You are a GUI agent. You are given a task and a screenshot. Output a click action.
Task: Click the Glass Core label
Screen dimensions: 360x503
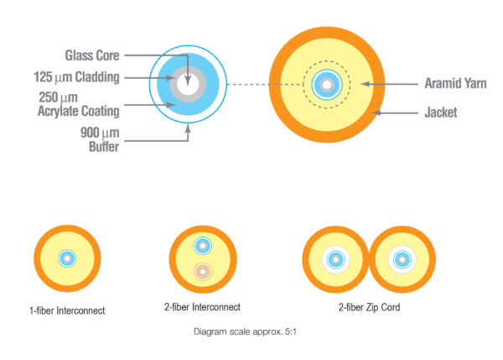[92, 55]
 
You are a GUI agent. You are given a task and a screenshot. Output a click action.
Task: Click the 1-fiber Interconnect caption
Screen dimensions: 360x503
[67, 310]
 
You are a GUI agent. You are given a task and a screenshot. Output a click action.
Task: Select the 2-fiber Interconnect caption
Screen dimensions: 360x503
[202, 308]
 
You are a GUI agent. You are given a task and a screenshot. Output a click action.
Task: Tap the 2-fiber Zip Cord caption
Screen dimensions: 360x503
[369, 308]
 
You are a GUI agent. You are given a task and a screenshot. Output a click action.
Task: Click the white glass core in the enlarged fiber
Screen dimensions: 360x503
[187, 86]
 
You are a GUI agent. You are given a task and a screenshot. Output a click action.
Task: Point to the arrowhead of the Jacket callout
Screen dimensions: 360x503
[375, 111]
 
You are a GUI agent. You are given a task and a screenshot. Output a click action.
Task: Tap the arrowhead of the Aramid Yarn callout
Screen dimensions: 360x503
[365, 84]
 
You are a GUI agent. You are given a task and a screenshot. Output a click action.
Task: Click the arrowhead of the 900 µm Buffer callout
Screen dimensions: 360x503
[188, 125]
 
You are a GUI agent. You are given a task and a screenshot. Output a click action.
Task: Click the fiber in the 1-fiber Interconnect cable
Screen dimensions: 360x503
[67, 258]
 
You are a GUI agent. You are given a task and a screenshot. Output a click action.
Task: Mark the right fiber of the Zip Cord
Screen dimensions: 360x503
[402, 258]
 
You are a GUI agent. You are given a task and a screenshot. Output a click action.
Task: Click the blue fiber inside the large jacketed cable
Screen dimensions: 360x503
[327, 84]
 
